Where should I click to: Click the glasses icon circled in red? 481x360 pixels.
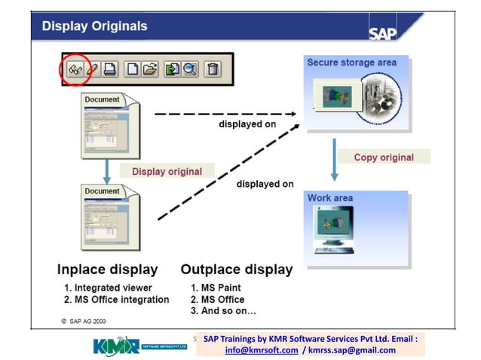[x=75, y=69]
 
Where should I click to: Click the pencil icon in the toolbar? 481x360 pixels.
[x=92, y=69]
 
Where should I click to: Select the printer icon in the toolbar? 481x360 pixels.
[x=110, y=69]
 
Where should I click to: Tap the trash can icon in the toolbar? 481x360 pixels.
[x=213, y=69]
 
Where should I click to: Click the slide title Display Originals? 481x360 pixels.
[x=94, y=26]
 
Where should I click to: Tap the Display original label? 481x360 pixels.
[x=167, y=171]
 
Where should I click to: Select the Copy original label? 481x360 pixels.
[x=384, y=157]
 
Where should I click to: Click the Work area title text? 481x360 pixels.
[x=330, y=198]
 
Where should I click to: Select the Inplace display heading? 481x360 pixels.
[x=107, y=269]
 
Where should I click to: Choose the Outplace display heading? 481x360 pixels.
[x=236, y=269]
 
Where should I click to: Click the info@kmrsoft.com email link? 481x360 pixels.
[x=261, y=349]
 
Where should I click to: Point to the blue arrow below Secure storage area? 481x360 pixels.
[x=333, y=157]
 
